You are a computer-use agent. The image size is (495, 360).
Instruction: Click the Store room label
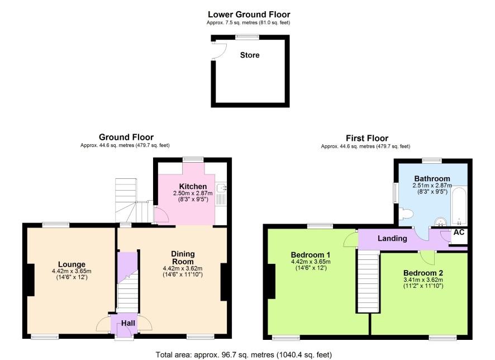coord(250,55)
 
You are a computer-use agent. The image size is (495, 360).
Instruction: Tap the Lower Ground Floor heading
coord(249,15)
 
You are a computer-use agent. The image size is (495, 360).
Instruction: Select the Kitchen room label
coord(193,186)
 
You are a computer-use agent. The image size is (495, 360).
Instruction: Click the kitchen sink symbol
coord(221,193)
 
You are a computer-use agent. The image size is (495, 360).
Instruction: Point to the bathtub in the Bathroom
coord(459,206)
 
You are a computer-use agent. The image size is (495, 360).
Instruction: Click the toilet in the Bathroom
coord(406,214)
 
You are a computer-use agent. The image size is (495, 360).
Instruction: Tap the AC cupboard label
coord(459,233)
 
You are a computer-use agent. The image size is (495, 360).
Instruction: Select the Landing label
coord(392,238)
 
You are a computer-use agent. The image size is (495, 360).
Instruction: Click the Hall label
coord(128,323)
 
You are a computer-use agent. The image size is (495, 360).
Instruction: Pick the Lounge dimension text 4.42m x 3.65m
coord(72,271)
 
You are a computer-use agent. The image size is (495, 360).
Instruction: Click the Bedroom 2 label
coord(423,273)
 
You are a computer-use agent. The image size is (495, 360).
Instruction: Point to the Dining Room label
coord(183,258)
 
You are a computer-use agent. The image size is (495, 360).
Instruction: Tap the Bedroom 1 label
coord(311,255)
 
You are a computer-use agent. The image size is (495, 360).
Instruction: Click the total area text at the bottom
coord(244,355)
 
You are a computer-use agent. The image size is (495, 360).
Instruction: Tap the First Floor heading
coord(367,138)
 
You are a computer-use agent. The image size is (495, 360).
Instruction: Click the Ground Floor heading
coord(126,138)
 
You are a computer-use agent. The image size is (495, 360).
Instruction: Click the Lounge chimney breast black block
coord(31,280)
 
